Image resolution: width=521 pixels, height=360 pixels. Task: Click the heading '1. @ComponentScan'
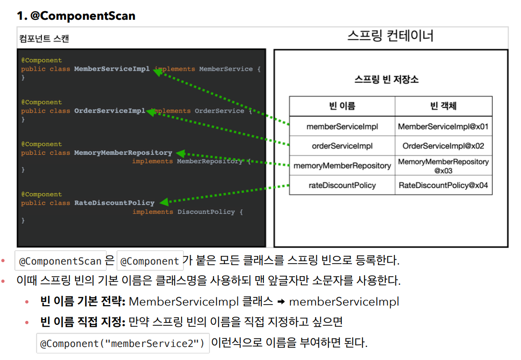tap(76, 16)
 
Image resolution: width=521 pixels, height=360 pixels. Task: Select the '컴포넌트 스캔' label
tap(44, 39)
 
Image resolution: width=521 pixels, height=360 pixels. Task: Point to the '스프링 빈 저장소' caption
tap(386, 80)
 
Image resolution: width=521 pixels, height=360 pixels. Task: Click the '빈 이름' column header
tap(342, 106)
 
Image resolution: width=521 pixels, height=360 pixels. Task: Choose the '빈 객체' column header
tap(443, 106)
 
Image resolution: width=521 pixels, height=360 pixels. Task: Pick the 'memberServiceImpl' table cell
tap(342, 127)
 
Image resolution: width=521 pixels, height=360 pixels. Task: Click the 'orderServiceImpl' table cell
tap(342, 146)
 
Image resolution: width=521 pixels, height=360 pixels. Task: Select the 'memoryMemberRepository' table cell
tap(342, 165)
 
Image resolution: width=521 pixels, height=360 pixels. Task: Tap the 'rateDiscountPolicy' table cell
tap(342, 185)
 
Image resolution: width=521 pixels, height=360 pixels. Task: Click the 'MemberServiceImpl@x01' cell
tap(443, 127)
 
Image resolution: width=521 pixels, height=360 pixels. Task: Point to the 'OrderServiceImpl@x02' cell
tap(443, 146)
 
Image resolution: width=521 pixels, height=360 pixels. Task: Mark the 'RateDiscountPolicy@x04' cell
tap(443, 185)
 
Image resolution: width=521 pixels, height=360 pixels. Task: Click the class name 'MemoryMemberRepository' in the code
tap(123, 153)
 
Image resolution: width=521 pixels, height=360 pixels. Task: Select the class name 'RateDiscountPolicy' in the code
tap(114, 203)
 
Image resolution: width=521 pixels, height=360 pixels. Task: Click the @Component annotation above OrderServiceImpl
tap(41, 102)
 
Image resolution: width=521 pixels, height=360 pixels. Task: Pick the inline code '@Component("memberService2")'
tap(123, 344)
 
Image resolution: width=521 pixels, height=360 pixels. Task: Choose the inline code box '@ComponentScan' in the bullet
tap(60, 261)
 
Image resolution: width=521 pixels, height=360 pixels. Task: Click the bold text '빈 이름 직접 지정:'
tap(83, 321)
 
